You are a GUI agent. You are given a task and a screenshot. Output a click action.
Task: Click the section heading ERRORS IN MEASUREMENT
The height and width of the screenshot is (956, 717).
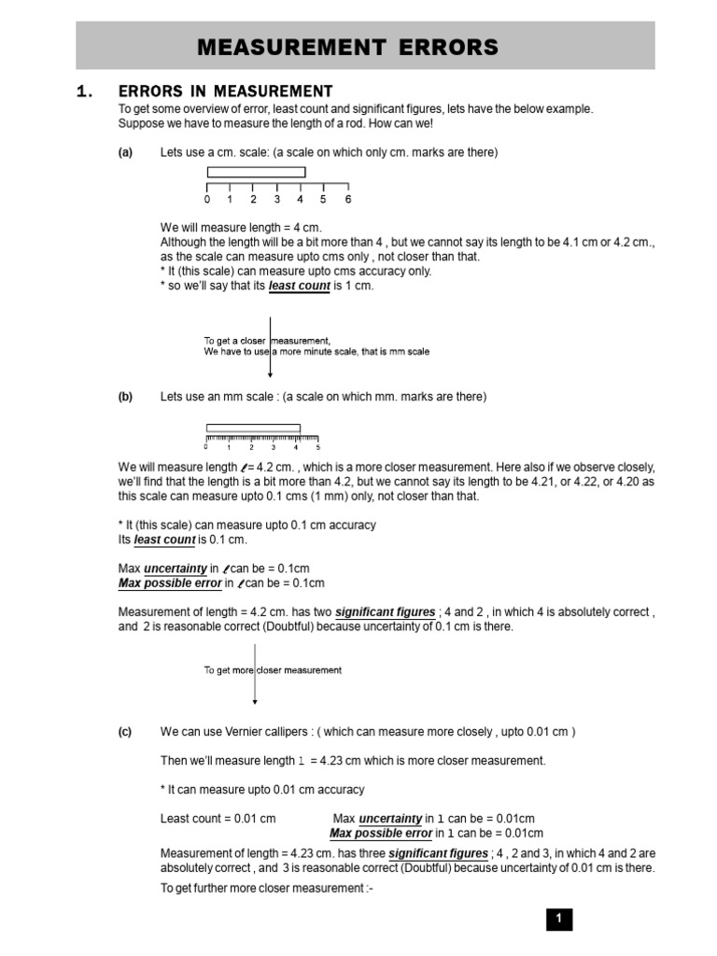point(224,91)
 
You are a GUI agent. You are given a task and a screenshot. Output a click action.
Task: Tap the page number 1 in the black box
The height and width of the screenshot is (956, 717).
point(558,920)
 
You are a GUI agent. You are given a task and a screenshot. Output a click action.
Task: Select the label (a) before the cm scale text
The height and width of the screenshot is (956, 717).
point(125,152)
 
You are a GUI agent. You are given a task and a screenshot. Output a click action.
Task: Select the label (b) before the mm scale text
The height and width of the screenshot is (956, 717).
point(125,397)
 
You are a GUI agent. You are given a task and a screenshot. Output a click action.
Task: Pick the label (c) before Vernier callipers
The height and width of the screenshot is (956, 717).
point(125,732)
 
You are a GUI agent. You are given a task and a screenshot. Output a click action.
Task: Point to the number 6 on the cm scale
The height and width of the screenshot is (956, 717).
point(348,199)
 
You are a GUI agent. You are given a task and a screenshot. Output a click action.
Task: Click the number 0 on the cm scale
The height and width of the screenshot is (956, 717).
point(207,199)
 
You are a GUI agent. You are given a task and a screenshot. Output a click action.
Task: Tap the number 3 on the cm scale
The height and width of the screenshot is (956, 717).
point(277,199)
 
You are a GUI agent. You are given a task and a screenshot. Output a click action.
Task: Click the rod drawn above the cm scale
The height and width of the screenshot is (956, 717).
point(256,172)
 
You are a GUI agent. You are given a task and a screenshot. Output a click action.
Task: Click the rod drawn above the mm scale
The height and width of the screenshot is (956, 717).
point(253,428)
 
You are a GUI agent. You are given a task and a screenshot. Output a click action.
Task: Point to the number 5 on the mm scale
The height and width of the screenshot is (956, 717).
point(317,447)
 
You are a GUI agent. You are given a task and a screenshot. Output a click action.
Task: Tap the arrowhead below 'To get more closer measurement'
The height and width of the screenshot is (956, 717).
point(255,700)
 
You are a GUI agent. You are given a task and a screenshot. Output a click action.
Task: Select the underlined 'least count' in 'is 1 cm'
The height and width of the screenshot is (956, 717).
point(299,287)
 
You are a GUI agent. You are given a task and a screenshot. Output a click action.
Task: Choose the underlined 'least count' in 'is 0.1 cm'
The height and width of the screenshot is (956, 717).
point(164,541)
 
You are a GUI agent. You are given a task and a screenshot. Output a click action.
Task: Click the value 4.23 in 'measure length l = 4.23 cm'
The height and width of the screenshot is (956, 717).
point(326,761)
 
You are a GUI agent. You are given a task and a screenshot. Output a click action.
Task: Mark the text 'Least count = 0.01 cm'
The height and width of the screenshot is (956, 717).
point(218,819)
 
